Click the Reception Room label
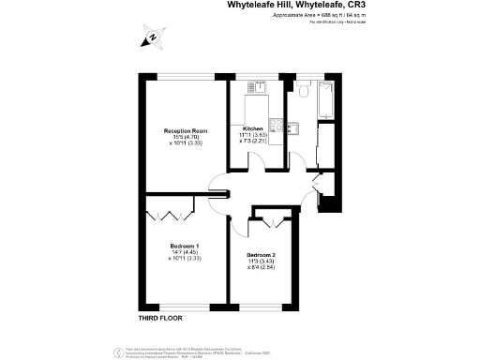185,130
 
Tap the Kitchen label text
252,128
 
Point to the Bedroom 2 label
262,255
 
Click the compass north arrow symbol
150,39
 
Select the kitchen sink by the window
257,87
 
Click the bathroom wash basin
292,126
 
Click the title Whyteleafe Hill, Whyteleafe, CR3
292,6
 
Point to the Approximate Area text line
292,17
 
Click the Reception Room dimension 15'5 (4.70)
185,137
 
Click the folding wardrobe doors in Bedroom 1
170,215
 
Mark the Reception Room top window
186,76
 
